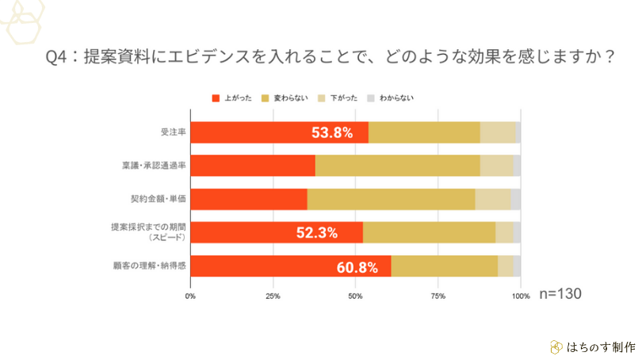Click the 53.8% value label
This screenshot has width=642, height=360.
point(332,133)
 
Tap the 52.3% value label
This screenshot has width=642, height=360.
point(317,232)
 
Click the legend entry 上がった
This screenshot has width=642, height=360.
point(232,98)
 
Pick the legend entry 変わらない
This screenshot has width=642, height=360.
point(289,98)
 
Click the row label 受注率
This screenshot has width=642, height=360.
point(174,133)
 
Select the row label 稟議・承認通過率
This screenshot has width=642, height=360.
point(160,166)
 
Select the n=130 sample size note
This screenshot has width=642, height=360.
point(560,293)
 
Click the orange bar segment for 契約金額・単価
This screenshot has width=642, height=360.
point(249,199)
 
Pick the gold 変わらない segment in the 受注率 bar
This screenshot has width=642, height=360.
point(424,133)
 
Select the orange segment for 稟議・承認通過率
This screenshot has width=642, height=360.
point(253,166)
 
